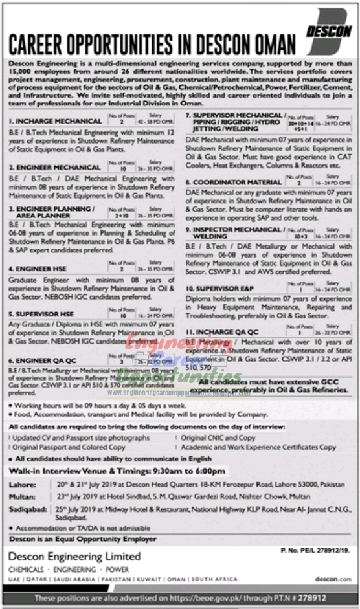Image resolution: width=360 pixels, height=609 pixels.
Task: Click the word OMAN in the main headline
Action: tap(268, 45)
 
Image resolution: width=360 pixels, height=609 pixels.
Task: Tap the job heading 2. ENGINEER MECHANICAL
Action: tap(45, 166)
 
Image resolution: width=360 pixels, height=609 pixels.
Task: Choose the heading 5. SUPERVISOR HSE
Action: tap(40, 313)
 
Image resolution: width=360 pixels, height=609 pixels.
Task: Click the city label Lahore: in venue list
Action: tap(21, 483)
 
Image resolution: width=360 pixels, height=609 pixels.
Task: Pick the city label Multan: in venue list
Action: tap(21, 496)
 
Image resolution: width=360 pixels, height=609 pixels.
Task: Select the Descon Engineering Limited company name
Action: tap(74, 557)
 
